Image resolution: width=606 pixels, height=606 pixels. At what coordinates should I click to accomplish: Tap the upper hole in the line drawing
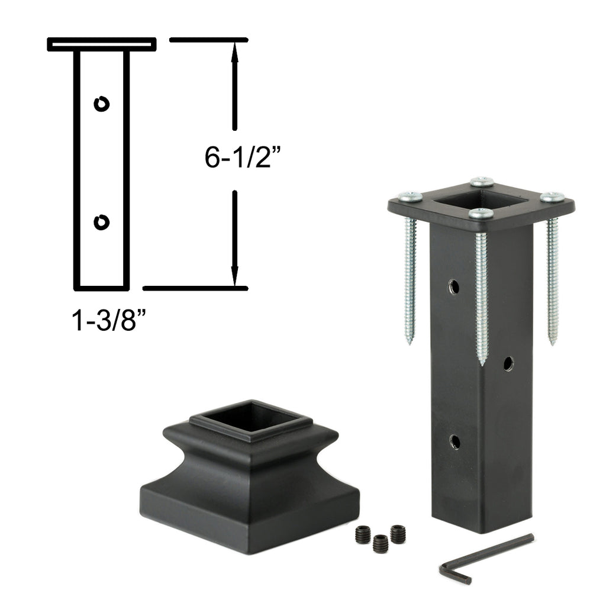tap(102, 104)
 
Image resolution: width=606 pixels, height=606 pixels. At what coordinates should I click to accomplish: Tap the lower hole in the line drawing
tap(102, 222)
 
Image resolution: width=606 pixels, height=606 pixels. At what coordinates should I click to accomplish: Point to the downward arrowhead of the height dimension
tap(234, 276)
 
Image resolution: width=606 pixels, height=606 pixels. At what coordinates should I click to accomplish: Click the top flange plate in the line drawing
tap(102, 44)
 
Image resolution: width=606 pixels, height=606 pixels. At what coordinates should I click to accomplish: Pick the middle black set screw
tap(381, 543)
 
